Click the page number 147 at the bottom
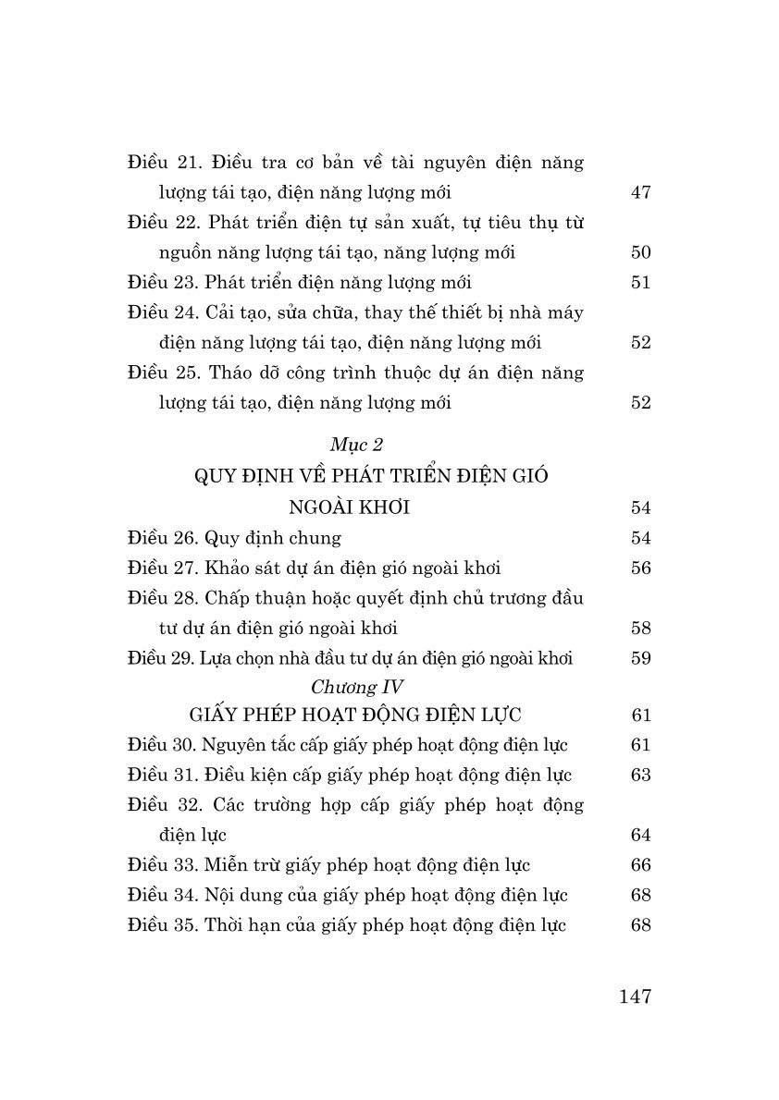click(x=634, y=996)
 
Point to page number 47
click(x=640, y=193)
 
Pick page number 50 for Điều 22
click(x=640, y=253)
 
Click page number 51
click(x=640, y=283)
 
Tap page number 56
click(x=640, y=568)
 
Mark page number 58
click(x=640, y=629)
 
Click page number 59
click(x=640, y=659)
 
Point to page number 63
click(x=640, y=775)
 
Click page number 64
click(x=640, y=836)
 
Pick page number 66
click(x=640, y=865)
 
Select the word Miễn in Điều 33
click(x=228, y=865)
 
